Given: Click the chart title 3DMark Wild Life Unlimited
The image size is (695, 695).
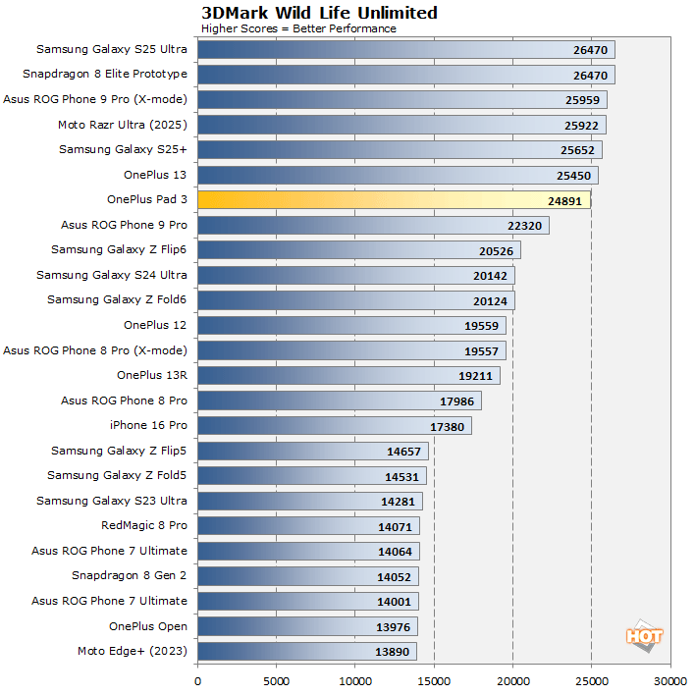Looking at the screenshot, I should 305,13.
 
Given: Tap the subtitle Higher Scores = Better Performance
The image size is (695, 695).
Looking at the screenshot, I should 298,28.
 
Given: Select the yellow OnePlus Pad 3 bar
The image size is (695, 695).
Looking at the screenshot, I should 393,200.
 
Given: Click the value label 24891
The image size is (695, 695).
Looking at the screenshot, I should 566,200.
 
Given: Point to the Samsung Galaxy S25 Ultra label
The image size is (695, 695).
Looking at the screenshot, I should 111,49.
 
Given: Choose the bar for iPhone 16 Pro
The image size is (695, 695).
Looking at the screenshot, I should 334,426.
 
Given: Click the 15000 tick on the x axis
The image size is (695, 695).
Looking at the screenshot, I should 434,679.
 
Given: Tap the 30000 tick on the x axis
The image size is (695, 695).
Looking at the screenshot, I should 669,679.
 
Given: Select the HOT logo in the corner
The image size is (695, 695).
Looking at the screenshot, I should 644,635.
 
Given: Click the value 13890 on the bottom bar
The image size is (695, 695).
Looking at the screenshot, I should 394,652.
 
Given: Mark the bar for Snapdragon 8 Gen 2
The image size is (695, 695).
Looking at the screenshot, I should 308,576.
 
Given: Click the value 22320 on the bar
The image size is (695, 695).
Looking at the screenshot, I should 525,226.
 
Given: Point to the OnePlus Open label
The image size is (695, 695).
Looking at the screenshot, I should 147,626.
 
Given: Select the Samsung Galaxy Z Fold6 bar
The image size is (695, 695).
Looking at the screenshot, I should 355,300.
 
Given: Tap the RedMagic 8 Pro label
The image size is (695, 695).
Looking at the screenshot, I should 143,526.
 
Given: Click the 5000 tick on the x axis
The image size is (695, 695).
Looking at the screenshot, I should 277,679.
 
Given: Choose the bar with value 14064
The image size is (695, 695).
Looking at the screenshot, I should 308,551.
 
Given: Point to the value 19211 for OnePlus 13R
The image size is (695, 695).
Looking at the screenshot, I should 476,376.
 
